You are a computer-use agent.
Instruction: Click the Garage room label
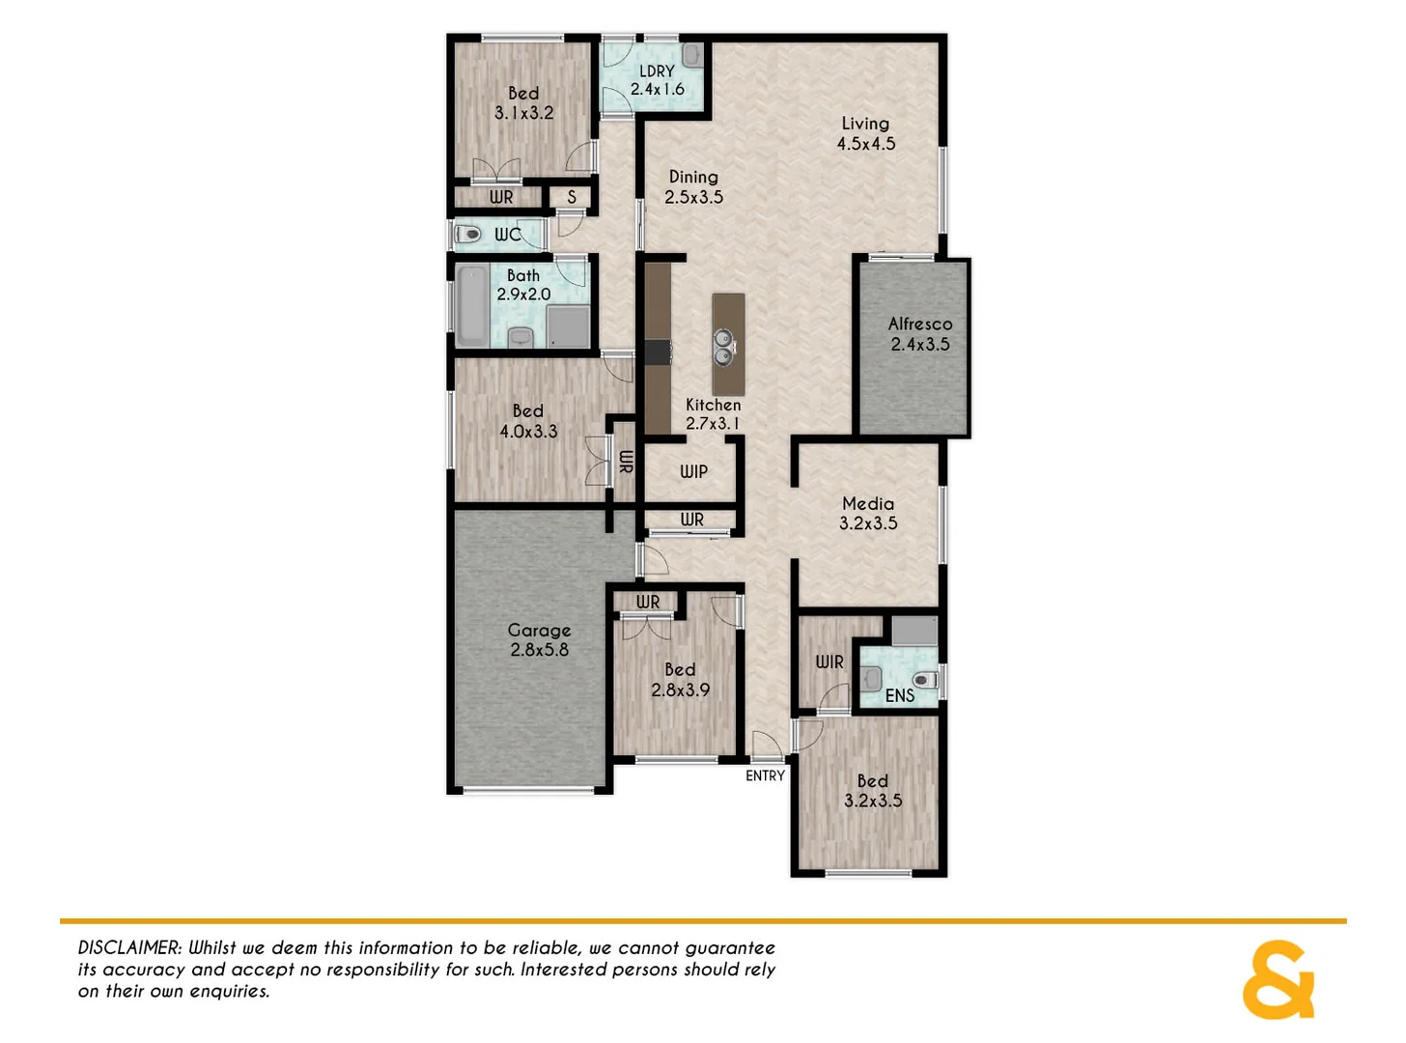coord(539,631)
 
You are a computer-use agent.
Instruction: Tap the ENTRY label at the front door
coord(765,775)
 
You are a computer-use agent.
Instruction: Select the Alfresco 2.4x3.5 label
coord(919,334)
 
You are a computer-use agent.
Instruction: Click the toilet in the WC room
coord(468,234)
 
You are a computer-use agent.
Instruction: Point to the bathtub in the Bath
coord(472,306)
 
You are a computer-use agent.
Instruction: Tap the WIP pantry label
coord(693,471)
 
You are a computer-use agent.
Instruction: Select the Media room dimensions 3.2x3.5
coord(868,523)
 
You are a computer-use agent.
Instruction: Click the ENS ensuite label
coord(899,695)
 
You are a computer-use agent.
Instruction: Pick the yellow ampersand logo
coord(1279,979)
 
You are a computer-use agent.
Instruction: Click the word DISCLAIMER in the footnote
coord(129,948)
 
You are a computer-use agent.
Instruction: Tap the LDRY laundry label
coord(657,71)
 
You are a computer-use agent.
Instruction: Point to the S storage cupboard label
coord(572,197)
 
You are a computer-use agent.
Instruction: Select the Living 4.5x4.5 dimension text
coord(866,144)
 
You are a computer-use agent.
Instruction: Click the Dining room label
coord(693,177)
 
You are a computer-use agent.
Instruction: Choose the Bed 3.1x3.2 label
coord(523,103)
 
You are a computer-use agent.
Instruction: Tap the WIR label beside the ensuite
coord(829,662)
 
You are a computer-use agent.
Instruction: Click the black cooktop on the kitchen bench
coord(658,352)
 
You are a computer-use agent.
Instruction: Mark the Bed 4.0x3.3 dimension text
coord(528,432)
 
